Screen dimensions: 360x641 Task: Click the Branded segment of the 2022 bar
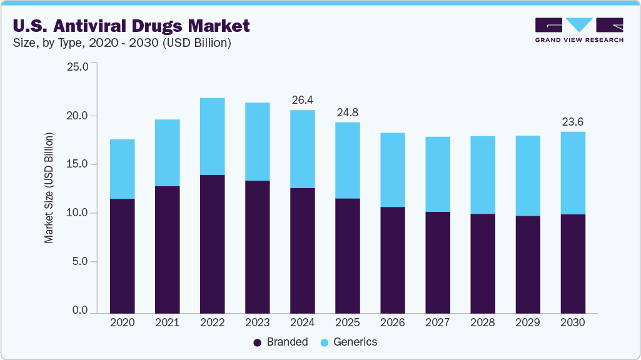coord(212,244)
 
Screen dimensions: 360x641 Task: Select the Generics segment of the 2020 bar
coord(122,169)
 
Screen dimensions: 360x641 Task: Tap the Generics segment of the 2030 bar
coord(573,173)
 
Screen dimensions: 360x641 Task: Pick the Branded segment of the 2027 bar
coord(437,262)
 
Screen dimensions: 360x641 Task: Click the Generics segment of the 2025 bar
coord(347,160)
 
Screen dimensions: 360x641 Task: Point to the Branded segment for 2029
coord(527,264)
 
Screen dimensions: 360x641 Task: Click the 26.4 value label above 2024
coord(303,100)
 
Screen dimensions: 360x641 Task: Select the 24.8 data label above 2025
coord(347,112)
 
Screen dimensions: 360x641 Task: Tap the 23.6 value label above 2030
coord(573,121)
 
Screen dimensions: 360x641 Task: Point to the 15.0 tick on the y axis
coord(78,164)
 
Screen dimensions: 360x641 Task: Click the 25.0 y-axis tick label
coord(78,67)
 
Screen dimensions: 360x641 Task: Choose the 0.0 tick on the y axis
coord(81,311)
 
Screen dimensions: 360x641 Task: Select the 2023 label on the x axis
coord(257,323)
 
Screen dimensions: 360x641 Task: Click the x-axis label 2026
coord(392,323)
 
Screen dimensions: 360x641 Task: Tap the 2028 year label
coord(482,323)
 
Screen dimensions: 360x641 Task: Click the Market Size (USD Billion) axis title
coord(49,187)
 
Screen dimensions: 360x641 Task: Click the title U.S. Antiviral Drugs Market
coord(130,26)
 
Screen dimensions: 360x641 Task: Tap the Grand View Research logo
coord(579,30)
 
